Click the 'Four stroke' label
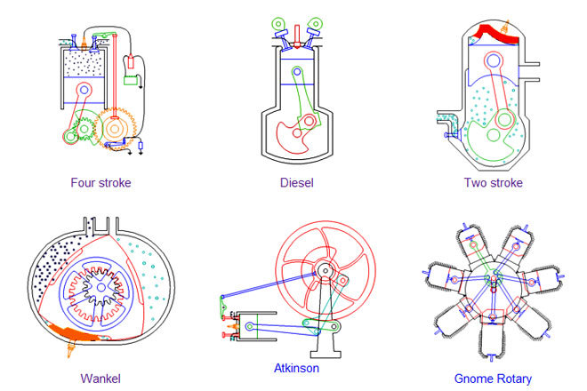pyautogui.click(x=101, y=183)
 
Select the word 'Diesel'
pyautogui.click(x=296, y=183)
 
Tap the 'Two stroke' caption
pyautogui.click(x=493, y=183)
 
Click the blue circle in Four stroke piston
pyautogui.click(x=84, y=91)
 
